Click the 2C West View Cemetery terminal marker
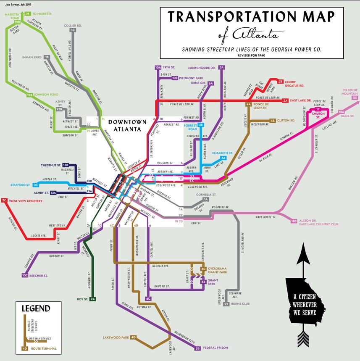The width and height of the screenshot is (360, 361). [x=5, y=200]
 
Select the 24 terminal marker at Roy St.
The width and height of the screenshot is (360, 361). [x=93, y=299]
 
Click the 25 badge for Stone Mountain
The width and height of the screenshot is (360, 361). [x=355, y=98]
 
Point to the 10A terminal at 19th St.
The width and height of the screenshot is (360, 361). [x=158, y=67]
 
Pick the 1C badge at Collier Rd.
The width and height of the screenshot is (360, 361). [x=73, y=30]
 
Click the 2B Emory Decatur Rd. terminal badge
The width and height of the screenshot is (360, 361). [x=281, y=82]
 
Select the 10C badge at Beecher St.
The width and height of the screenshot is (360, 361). [x=25, y=276]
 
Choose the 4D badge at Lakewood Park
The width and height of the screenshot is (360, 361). [x=134, y=337]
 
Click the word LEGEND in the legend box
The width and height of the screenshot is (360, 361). [x=36, y=308]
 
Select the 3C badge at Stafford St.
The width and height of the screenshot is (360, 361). [x=36, y=184]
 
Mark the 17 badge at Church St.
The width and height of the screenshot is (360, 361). [x=317, y=109]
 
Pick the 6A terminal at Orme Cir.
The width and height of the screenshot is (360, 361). [x=211, y=83]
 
